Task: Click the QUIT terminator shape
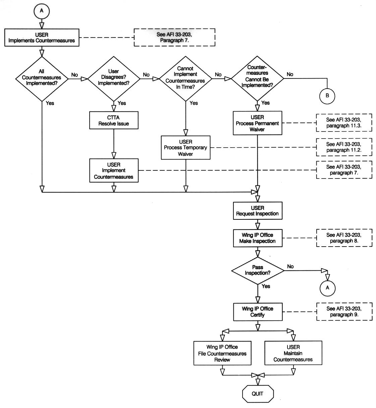tap(258, 394)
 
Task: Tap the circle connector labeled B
tap(327, 96)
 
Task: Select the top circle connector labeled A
tap(42, 11)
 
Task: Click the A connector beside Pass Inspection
tap(327, 288)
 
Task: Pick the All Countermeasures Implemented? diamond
tap(42, 78)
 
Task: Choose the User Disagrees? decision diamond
tap(114, 78)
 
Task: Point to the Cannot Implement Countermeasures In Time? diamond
tap(185, 78)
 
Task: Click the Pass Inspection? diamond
tap(258, 270)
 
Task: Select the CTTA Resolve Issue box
tap(114, 120)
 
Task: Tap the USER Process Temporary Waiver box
tap(185, 148)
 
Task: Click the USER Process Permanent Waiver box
tap(257, 123)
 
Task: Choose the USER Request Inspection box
tap(258, 211)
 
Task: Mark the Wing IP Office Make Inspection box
tap(258, 238)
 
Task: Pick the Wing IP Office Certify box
tap(258, 312)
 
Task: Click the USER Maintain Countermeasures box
tap(293, 353)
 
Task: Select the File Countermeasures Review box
tap(222, 353)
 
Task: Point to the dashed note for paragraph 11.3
tap(344, 123)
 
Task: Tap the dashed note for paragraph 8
tap(344, 238)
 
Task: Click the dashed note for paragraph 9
tap(344, 312)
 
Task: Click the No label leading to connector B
tap(290, 74)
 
